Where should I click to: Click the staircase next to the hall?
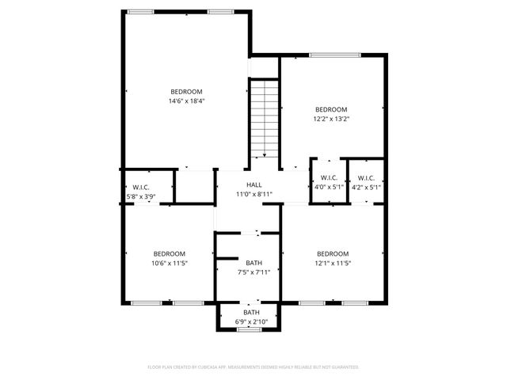coord(265,119)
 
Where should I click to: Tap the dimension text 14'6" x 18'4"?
coord(186,101)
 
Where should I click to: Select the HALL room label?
coord(253,184)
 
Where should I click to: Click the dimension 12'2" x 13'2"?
coord(331,119)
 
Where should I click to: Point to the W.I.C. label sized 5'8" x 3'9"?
coord(143,187)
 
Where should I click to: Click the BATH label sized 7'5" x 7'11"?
coord(253,263)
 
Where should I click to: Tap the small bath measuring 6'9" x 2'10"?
coord(250,317)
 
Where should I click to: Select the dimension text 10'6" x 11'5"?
coord(170,263)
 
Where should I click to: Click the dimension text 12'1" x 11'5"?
coord(332,263)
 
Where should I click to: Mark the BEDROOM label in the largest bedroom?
coord(186,92)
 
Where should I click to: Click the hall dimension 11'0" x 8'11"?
coord(253,194)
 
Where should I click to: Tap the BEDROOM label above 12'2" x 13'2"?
coord(331,109)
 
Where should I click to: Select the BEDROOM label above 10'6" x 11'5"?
coord(170,253)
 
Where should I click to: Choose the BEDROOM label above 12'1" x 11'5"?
coord(332,253)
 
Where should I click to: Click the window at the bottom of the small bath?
coord(250,329)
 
